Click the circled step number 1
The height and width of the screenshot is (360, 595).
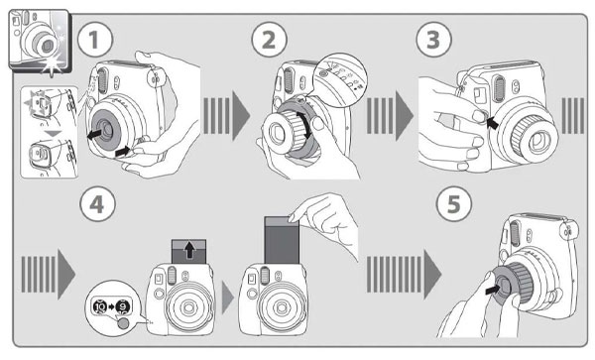[x=95, y=40]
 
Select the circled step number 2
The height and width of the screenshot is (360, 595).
[x=269, y=40]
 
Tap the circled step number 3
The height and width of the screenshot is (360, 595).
[x=433, y=40]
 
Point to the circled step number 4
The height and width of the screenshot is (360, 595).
[x=97, y=204]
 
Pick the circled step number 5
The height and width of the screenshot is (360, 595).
[x=454, y=204]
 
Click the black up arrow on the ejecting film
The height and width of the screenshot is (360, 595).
[x=189, y=250]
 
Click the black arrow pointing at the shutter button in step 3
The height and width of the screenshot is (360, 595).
[x=492, y=122]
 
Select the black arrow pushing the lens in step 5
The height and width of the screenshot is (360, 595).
[x=493, y=290]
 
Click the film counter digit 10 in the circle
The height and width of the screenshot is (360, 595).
[x=100, y=306]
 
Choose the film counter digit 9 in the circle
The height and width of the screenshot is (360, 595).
[x=123, y=306]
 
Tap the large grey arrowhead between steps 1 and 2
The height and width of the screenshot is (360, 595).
[x=241, y=115]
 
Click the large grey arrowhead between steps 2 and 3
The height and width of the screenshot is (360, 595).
[x=405, y=115]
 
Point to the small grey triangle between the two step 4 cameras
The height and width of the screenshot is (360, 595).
[x=228, y=298]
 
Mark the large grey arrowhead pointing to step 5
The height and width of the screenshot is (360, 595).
[x=432, y=274]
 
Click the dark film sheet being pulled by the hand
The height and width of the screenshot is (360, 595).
[x=282, y=241]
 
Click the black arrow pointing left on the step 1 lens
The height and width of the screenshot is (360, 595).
[x=95, y=134]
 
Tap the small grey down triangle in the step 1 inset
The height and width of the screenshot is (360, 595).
[x=54, y=134]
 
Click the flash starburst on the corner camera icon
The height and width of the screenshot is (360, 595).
[x=51, y=64]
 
